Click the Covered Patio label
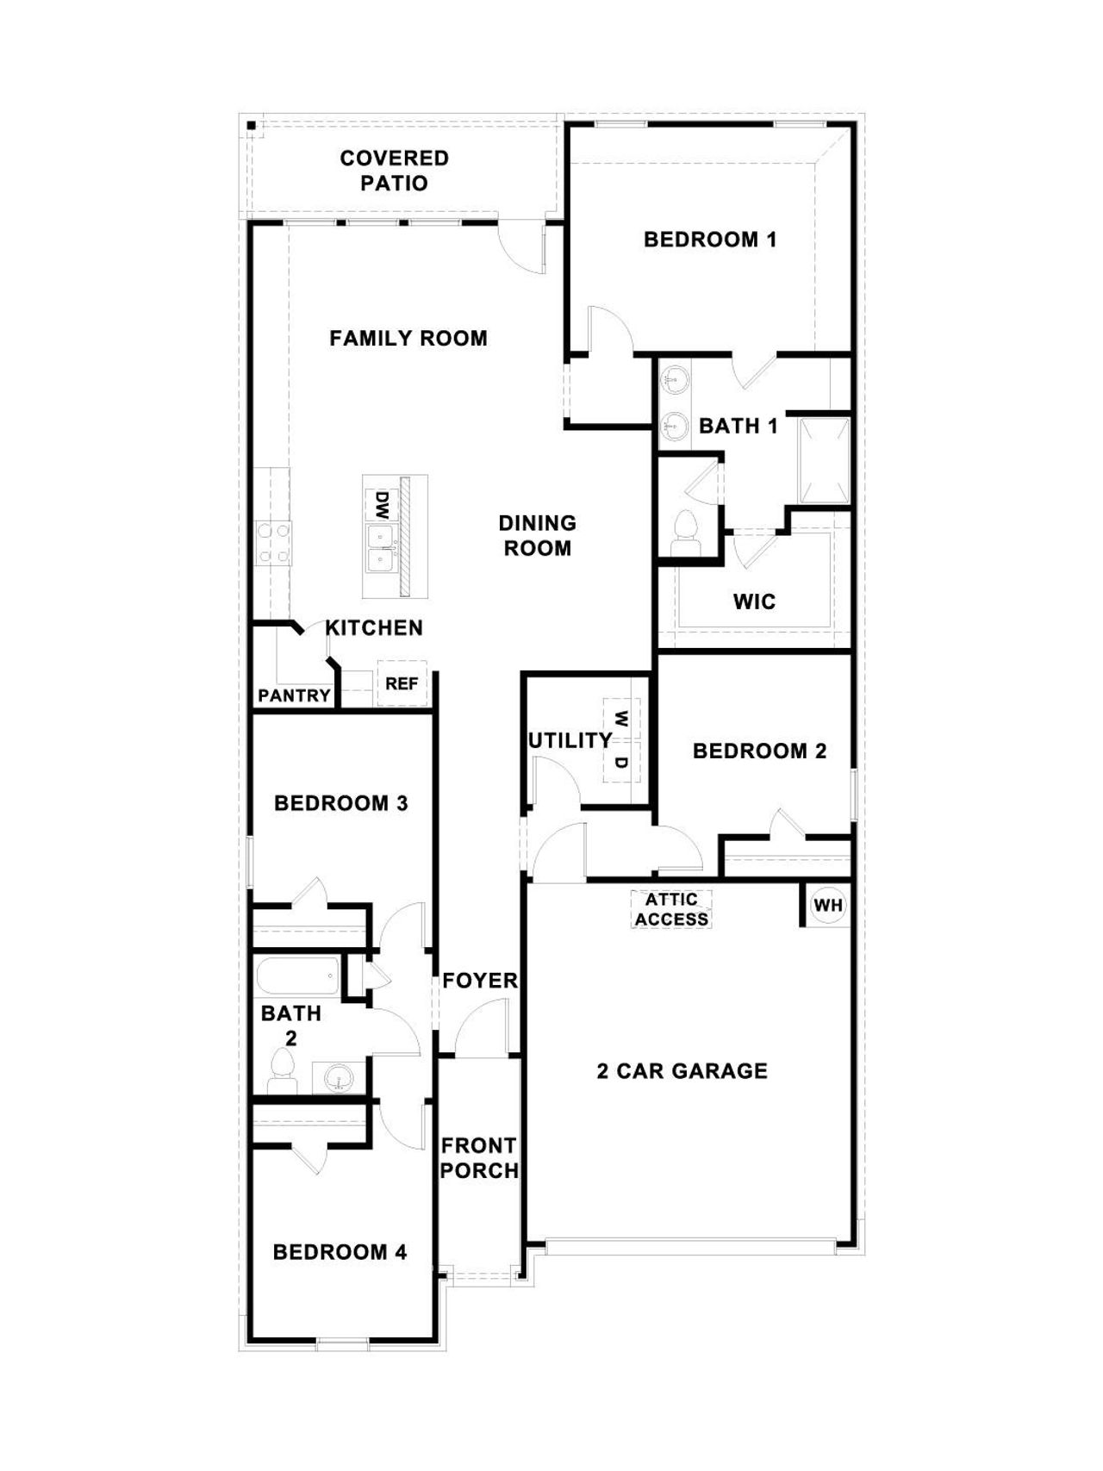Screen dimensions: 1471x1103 [x=394, y=171]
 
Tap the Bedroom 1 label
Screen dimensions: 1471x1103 [x=710, y=240]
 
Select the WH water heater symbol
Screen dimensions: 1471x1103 [x=828, y=906]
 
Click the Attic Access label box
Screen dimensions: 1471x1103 [x=671, y=910]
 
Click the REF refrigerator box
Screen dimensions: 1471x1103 [x=402, y=683]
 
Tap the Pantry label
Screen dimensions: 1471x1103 [x=294, y=695]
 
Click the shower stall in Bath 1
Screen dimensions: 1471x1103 [x=824, y=460]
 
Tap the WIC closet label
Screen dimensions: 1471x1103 [x=754, y=601]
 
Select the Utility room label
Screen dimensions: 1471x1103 [x=570, y=740]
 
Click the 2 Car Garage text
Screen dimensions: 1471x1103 [x=682, y=1071]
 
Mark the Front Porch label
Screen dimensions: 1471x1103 [x=479, y=1158]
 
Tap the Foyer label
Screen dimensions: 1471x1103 [x=479, y=981]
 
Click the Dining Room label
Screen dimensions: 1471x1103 [x=537, y=535]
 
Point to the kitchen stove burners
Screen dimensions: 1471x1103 [x=272, y=544]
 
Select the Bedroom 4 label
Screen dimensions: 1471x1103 [x=340, y=1252]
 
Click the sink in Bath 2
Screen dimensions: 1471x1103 [x=336, y=1077]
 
